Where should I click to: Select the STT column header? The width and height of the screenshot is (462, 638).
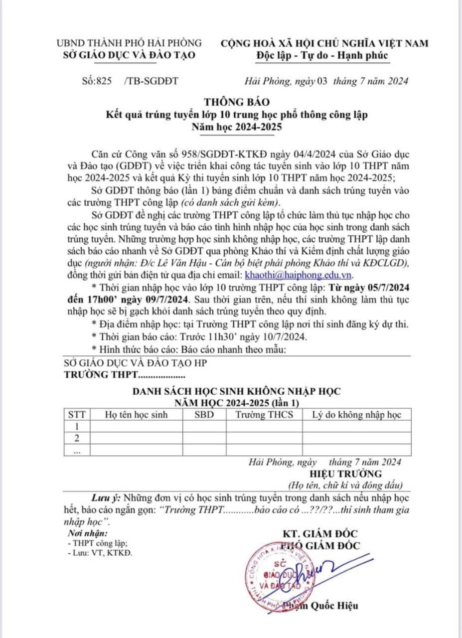click(77, 415)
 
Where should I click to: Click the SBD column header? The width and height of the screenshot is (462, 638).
click(204, 415)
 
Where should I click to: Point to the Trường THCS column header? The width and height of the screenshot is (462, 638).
click(265, 415)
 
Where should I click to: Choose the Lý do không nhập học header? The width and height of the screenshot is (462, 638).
click(356, 415)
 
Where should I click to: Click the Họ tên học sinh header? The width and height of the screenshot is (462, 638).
click(136, 415)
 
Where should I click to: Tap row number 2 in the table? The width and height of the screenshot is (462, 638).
click(77, 438)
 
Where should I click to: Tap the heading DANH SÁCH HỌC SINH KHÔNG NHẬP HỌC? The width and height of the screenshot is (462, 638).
click(236, 391)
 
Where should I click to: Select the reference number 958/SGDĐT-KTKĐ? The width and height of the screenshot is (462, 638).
click(212, 152)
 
